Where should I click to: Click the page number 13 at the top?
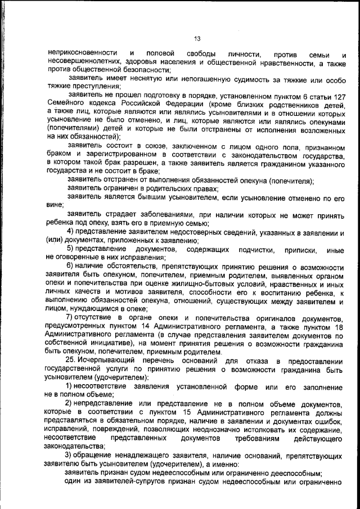coord(197,38)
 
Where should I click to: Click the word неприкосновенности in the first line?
coord(83,53)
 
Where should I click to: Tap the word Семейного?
coord(69,103)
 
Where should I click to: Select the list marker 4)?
coord(72,232)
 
